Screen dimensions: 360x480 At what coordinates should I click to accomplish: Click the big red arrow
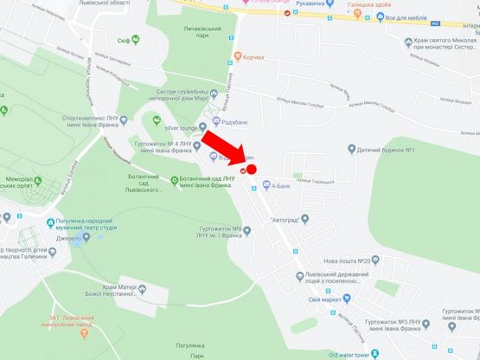pyautogui.click(x=221, y=146)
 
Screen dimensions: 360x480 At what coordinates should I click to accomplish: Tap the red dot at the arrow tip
pyautogui.click(x=252, y=169)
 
